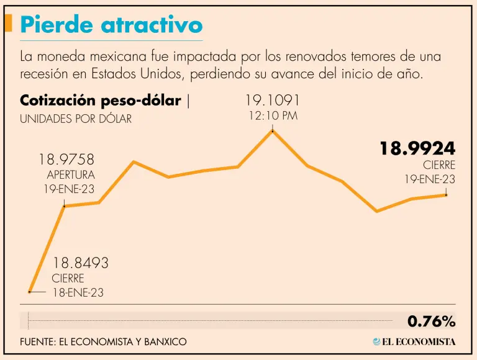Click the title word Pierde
click(57, 25)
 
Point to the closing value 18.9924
click(417, 148)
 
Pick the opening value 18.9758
click(66, 160)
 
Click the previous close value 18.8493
click(80, 263)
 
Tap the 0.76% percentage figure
click(431, 322)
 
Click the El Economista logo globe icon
click(376, 341)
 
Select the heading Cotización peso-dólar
click(101, 101)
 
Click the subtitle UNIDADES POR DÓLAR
click(76, 119)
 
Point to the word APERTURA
click(71, 174)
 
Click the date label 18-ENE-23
click(78, 293)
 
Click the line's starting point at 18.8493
click(29, 291)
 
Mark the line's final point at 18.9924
click(446, 195)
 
